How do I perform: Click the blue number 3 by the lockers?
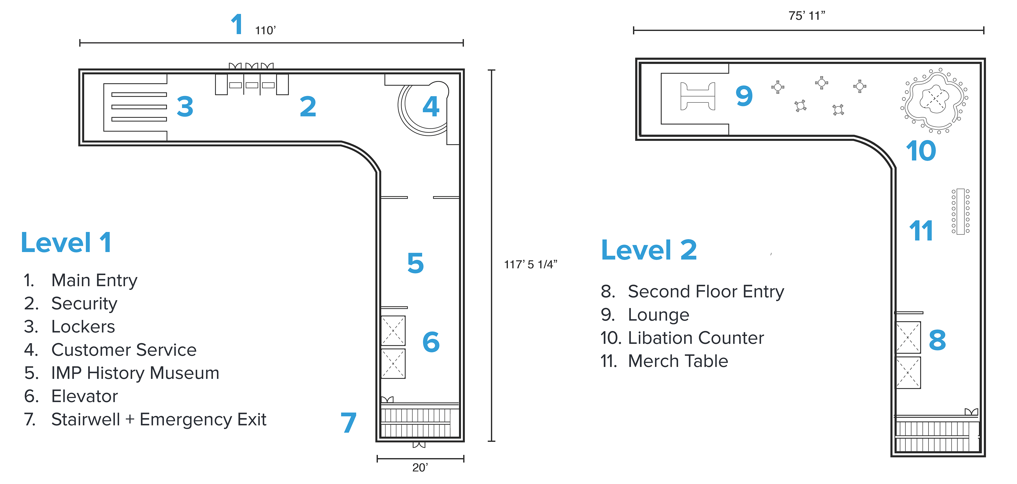tap(185, 107)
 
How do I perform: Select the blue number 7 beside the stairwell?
tap(349, 422)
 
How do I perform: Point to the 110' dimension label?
tap(265, 30)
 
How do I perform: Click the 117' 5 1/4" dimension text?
tap(530, 265)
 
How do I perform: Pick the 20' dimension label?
tap(420, 468)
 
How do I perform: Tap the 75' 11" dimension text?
tap(806, 16)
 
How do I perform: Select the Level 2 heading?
tap(649, 250)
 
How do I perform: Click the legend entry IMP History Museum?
tap(135, 373)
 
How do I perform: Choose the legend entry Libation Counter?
tap(696, 338)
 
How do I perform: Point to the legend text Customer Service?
tap(124, 350)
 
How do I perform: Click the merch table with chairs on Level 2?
tap(961, 211)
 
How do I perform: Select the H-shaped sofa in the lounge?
tap(698, 96)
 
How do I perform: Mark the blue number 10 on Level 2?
tap(921, 150)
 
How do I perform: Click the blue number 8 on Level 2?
tap(937, 340)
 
